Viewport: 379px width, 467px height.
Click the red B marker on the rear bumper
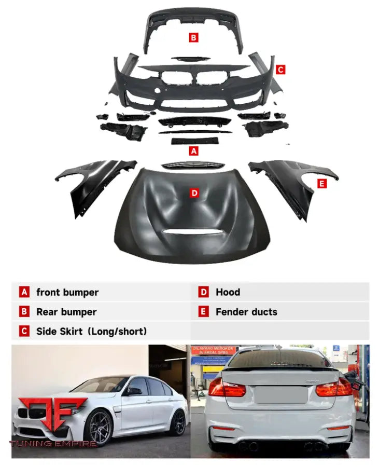(193, 37)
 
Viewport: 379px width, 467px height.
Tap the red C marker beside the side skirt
(280, 69)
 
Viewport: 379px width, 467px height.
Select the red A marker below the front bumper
(194, 151)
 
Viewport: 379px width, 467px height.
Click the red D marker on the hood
(194, 193)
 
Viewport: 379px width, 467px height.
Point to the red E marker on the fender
(322, 183)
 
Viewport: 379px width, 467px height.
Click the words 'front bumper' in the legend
(67, 292)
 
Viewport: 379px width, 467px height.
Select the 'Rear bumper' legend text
(66, 312)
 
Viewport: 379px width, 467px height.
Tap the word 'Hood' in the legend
(228, 292)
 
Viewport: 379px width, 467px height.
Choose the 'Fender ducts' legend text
(246, 312)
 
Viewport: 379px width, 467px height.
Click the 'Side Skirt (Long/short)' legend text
(91, 331)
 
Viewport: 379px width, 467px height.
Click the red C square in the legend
(24, 331)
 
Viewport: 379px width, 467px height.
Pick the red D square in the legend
(204, 292)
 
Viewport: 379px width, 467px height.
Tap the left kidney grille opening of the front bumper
(175, 79)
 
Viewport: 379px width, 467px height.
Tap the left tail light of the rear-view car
(227, 389)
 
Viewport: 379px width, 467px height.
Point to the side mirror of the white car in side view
(133, 391)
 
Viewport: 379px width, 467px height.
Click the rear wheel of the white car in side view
(178, 422)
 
